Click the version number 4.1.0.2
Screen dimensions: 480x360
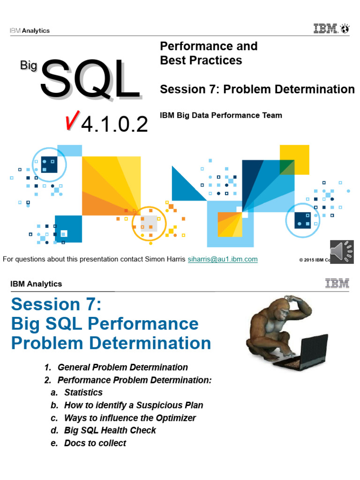tap(115, 124)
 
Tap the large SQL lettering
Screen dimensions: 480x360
tap(90, 80)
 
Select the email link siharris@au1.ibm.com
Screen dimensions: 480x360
tap(222, 259)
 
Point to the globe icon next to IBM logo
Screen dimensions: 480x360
tap(345, 29)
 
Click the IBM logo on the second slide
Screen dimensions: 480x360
tap(337, 283)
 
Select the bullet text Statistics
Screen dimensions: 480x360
tap(83, 392)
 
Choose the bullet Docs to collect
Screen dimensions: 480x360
tap(95, 443)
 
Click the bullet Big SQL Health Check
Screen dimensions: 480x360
tap(110, 430)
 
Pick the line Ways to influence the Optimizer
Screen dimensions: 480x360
tap(130, 418)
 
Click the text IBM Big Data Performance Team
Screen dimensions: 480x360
tap(221, 115)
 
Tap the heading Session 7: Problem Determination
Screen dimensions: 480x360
tap(257, 89)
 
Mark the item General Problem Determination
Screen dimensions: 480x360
tap(122, 367)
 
